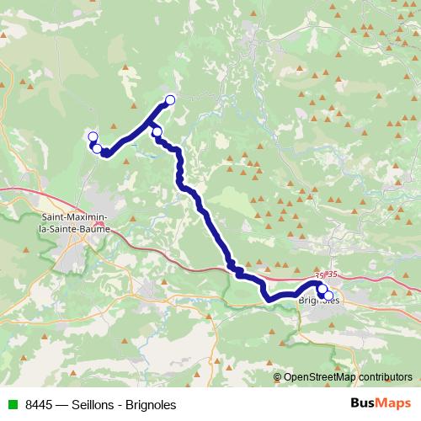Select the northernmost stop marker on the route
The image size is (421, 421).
(x=170, y=100)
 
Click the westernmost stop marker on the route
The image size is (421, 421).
(x=92, y=136)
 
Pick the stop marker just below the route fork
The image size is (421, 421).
(x=157, y=131)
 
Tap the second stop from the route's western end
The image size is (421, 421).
(x=97, y=149)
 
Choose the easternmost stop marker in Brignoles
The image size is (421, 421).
(x=328, y=296)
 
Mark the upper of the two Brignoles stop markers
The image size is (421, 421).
(x=322, y=289)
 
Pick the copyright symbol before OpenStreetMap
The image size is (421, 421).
(x=278, y=377)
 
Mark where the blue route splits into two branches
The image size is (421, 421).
(x=153, y=123)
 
